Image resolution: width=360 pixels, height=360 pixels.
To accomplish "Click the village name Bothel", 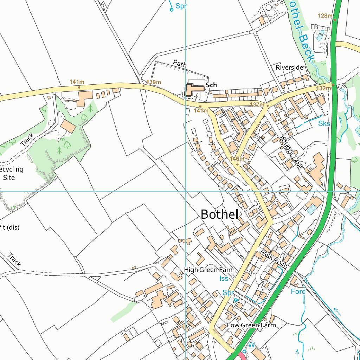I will coord(219,214).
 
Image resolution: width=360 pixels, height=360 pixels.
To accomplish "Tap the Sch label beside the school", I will coord(211,85).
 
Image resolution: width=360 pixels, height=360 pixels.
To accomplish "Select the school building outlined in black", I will coord(193,89).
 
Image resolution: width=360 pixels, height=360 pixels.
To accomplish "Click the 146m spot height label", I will coord(237,159).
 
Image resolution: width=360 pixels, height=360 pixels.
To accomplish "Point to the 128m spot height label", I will coord(324,16).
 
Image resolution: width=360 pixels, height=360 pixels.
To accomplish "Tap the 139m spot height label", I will coord(154,82).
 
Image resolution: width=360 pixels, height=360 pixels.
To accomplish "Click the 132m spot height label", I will coord(323,88).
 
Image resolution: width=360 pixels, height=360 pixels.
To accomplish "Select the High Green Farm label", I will coord(209,270).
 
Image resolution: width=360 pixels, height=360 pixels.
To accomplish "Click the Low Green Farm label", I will coord(251,325).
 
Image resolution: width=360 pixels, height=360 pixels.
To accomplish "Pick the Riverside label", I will coord(289,67).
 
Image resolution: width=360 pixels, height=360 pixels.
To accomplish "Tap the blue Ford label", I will coord(298,291).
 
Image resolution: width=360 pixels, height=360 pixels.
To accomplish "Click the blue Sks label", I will coord(324,123).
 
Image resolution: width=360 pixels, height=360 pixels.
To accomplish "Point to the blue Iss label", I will coord(224,278).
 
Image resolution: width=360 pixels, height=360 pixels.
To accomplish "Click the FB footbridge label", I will coord(314,27).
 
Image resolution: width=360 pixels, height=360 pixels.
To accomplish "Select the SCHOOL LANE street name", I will coord(291,153).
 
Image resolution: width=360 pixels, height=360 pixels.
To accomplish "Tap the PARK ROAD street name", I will coord(274,258).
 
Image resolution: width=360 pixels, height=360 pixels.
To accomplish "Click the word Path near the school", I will coord(180,63).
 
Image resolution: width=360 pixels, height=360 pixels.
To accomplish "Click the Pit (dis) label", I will coord(9,227).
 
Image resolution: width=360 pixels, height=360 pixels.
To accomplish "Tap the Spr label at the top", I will coord(181,6).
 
